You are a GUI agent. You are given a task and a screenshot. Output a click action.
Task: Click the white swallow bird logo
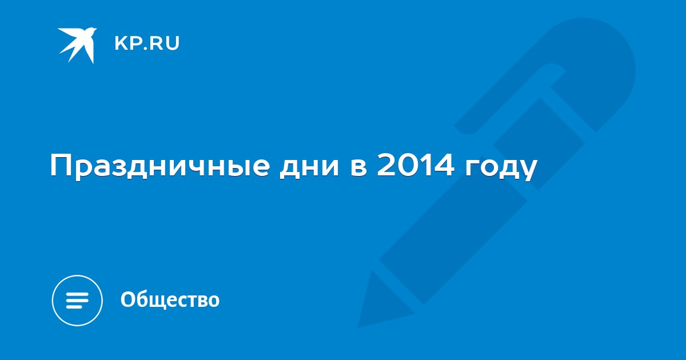(x=78, y=45)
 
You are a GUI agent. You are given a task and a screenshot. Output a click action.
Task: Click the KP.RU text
(x=147, y=43)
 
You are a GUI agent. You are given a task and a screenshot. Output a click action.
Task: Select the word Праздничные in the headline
(x=160, y=167)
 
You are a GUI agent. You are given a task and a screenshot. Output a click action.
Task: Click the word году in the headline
(x=501, y=169)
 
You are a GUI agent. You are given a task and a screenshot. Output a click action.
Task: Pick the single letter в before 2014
(x=358, y=167)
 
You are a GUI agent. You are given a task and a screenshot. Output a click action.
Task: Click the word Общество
(x=170, y=299)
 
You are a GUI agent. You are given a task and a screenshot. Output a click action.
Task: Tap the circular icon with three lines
(x=77, y=301)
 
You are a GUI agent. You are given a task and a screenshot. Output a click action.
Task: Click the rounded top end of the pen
(x=600, y=46)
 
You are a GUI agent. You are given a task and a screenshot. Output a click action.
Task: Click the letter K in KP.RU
(x=121, y=43)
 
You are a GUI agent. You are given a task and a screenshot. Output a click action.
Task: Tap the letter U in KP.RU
(x=173, y=43)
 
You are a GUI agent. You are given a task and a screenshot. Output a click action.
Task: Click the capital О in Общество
(x=128, y=299)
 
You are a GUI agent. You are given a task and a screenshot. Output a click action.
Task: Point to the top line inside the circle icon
(x=77, y=294)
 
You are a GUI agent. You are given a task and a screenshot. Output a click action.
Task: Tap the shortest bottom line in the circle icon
(x=74, y=307)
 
